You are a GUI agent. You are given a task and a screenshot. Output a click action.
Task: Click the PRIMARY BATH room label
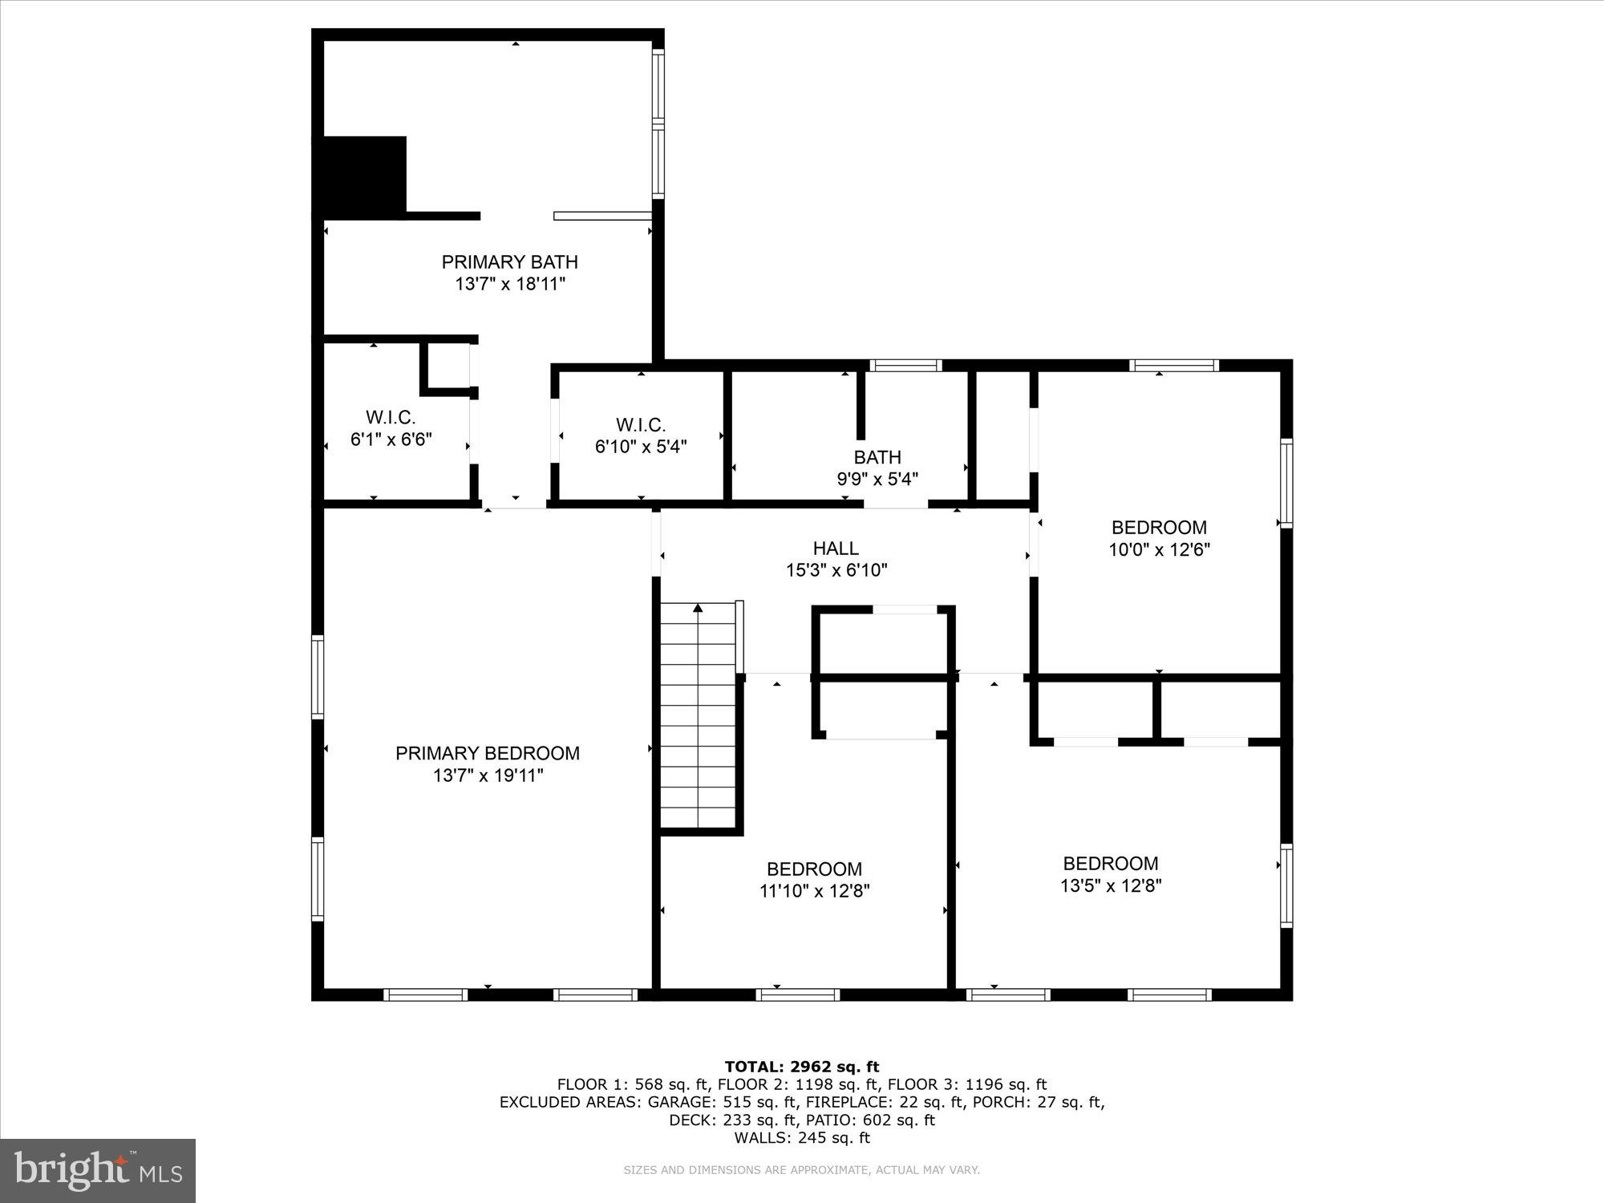[x=509, y=261]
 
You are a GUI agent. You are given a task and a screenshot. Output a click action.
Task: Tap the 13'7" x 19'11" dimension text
[x=488, y=776]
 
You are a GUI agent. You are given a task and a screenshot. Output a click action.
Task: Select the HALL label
[x=836, y=548]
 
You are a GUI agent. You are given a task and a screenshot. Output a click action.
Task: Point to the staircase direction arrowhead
[x=698, y=609]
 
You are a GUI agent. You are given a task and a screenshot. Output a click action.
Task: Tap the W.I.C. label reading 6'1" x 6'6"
[x=391, y=428]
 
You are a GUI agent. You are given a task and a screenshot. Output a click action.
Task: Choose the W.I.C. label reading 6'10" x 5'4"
[x=640, y=435]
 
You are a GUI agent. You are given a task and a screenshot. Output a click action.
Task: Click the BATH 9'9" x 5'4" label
[x=877, y=468]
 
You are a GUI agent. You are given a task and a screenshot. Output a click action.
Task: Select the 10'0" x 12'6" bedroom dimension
[x=1159, y=549]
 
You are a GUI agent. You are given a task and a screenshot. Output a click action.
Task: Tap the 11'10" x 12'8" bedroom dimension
[x=814, y=890]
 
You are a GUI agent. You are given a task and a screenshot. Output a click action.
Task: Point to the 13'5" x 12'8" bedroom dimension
[x=1111, y=885]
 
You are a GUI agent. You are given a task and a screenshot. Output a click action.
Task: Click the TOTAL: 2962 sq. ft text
[x=802, y=1067]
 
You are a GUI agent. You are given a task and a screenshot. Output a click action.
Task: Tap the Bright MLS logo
[x=98, y=1170]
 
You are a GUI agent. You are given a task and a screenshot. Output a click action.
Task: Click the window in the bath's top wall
[x=905, y=366]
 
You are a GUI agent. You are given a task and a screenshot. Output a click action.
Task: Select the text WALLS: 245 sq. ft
[x=802, y=1137]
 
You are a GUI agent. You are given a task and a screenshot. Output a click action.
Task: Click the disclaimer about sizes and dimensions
[x=802, y=1170]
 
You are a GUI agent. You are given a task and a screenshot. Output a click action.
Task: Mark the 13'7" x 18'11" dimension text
[x=510, y=284]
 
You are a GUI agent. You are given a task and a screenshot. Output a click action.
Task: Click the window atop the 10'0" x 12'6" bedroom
[x=1174, y=366]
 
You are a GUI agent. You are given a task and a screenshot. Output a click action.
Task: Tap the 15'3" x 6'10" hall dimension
[x=836, y=570]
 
